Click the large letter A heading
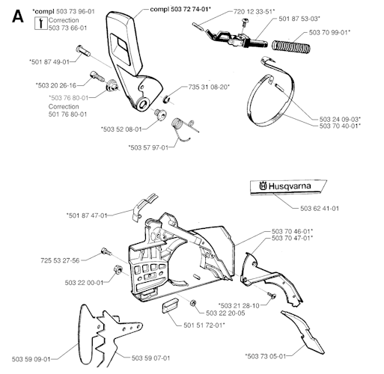pyautogui.click(x=18, y=16)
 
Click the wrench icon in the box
pyautogui.click(x=40, y=23)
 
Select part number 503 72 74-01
pyautogui.click(x=191, y=9)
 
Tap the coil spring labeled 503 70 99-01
pyautogui.click(x=291, y=46)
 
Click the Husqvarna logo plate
pyautogui.click(x=288, y=187)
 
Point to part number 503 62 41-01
pyautogui.click(x=320, y=208)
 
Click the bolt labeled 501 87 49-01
pyautogui.click(x=83, y=51)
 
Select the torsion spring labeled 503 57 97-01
pyautogui.click(x=183, y=129)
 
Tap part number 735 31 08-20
pyautogui.click(x=209, y=87)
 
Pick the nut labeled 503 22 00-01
pyautogui.click(x=118, y=269)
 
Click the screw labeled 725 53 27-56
pyautogui.click(x=106, y=251)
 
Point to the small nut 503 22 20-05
pyautogui.click(x=193, y=303)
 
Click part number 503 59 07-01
pyautogui.click(x=150, y=358)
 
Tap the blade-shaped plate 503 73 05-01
pyautogui.click(x=302, y=331)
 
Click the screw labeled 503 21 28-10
pyautogui.click(x=272, y=295)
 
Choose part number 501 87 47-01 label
pyautogui.click(x=87, y=215)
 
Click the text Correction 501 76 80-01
pyautogui.click(x=67, y=111)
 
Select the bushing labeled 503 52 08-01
pyautogui.click(x=160, y=114)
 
